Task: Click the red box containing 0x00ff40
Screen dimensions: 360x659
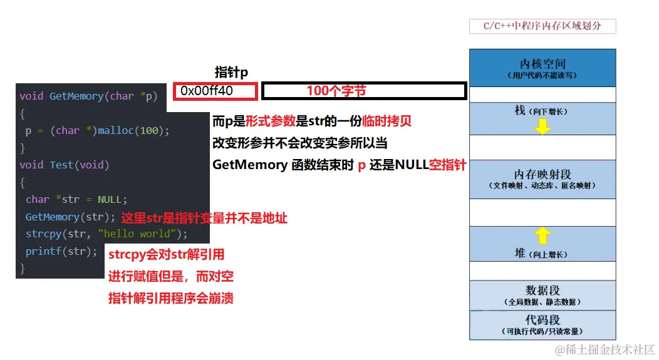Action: point(215,91)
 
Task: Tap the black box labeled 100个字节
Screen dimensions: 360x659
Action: point(364,91)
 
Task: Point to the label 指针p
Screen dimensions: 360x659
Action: point(231,72)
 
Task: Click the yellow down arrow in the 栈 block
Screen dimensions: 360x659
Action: point(542,127)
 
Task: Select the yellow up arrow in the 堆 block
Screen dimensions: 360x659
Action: point(542,235)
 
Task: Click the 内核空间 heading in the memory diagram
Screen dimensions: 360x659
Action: point(542,64)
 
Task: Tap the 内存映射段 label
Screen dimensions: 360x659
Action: point(542,175)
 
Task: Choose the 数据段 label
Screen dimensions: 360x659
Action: point(542,291)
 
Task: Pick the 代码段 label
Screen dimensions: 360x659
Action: point(542,320)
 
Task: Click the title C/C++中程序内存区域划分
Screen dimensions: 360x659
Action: point(542,26)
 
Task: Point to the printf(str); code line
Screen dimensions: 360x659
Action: point(61,251)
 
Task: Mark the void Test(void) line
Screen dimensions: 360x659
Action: point(64,165)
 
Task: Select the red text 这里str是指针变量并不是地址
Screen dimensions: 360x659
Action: point(204,219)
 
